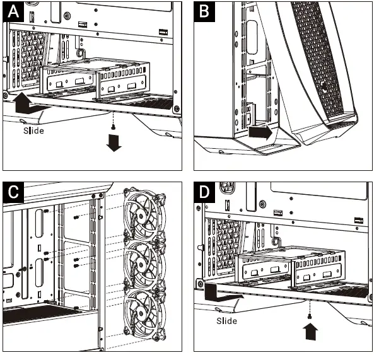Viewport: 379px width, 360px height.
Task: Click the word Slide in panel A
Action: pos(34,131)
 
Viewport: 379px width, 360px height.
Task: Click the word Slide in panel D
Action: pos(225,321)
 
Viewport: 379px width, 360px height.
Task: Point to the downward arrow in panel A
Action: pos(114,144)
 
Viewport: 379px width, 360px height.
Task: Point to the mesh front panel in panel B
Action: pos(321,63)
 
